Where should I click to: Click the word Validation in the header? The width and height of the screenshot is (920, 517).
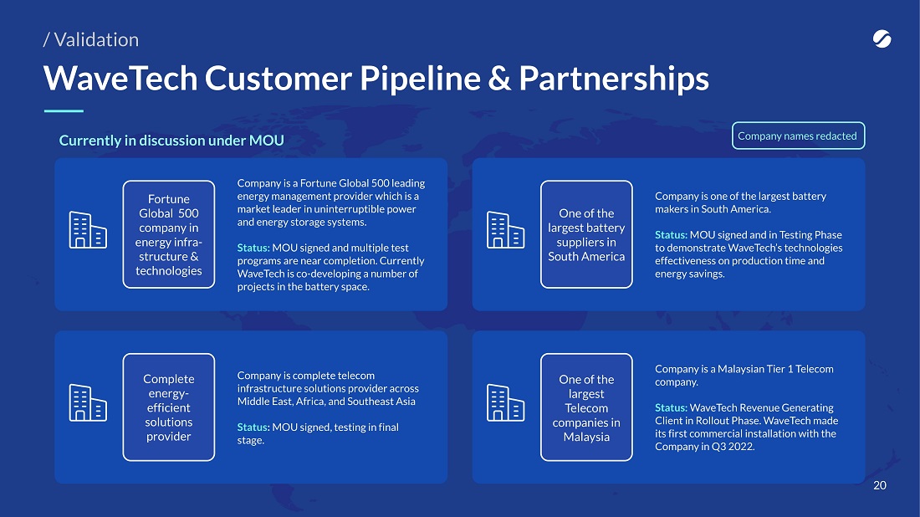point(96,40)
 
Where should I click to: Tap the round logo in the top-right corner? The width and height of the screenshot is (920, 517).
point(882,38)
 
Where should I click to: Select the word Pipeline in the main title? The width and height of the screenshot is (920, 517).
point(420,78)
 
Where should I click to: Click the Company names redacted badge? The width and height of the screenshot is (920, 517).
point(798,136)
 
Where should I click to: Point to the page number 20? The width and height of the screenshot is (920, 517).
point(880,485)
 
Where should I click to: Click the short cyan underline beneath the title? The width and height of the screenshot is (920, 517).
point(64,110)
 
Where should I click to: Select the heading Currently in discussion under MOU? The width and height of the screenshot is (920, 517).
point(171,141)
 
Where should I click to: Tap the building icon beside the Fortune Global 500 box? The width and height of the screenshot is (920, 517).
point(88,230)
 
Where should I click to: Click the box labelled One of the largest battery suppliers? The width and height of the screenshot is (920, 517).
point(586,234)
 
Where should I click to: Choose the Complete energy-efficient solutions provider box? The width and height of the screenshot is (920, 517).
point(168,407)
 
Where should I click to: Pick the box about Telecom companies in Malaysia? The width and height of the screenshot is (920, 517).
point(586,407)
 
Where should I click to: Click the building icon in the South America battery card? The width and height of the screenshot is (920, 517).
point(506,230)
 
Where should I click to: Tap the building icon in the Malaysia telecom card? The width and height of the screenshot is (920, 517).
point(506,402)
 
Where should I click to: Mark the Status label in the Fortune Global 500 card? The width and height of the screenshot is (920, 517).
point(253,248)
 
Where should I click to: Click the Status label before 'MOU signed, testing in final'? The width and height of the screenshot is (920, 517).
point(253,427)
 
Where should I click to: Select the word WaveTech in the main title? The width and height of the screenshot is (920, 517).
point(120,78)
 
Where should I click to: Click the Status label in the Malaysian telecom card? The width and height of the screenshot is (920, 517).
point(671,408)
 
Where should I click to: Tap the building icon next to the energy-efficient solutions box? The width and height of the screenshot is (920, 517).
point(88,402)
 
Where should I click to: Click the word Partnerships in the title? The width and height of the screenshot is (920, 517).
point(614,78)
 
